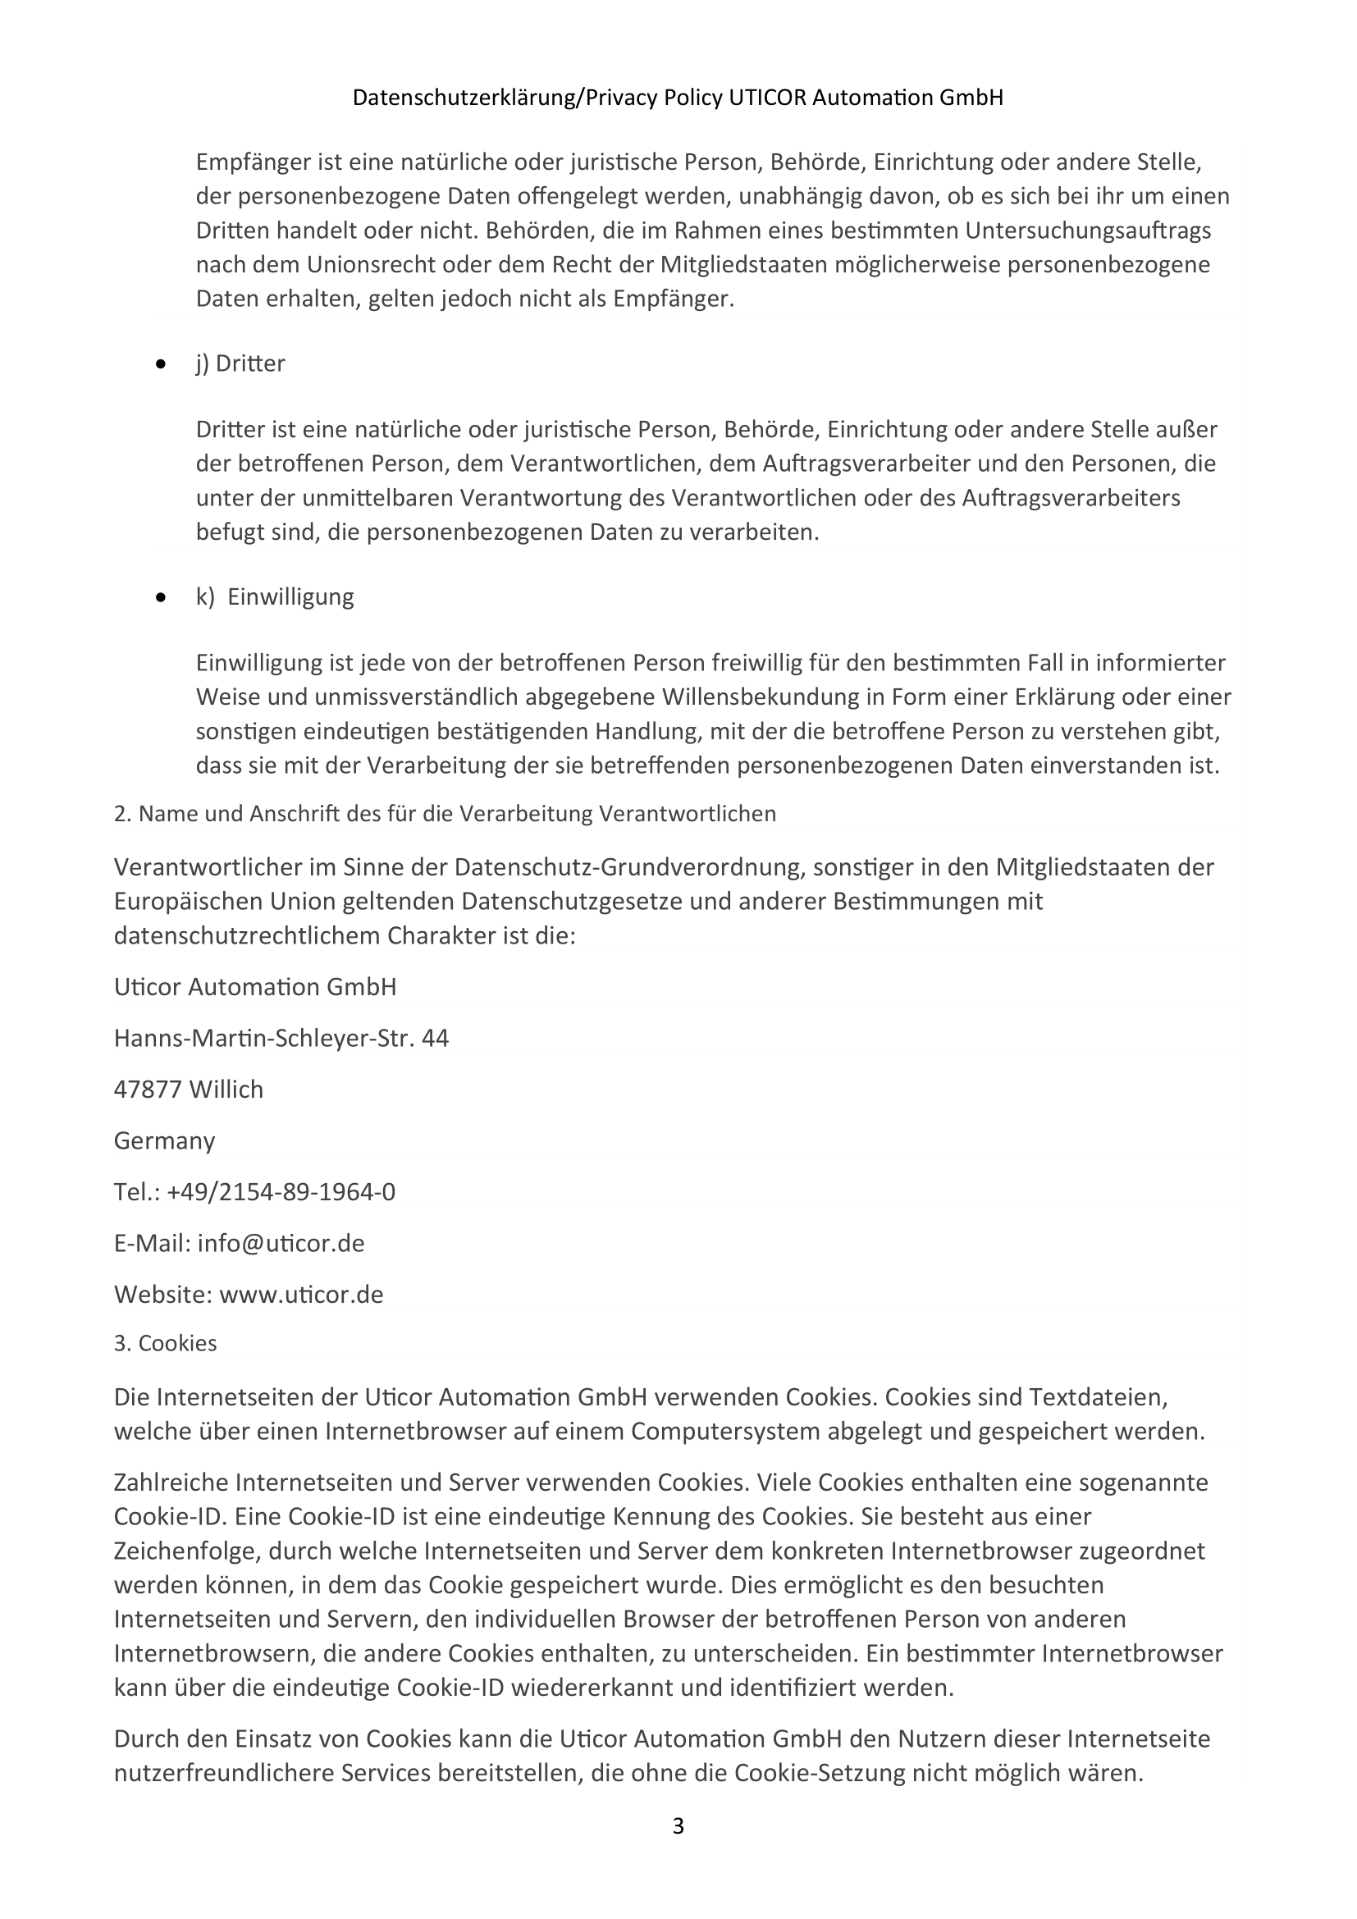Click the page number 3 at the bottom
[678, 1826]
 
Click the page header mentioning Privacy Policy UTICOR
[678, 98]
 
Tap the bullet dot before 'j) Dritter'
[162, 364]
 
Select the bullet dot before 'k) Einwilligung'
[162, 597]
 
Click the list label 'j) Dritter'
[240, 363]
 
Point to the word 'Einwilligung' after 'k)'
[290, 596]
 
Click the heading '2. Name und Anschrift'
[445, 814]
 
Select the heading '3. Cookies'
[166, 1343]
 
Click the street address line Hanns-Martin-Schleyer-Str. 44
[281, 1039]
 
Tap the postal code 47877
[148, 1090]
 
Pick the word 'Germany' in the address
[165, 1141]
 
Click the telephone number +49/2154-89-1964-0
[281, 1192]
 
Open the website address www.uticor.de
[301, 1295]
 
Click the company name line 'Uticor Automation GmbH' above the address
[255, 987]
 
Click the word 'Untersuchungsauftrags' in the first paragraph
[1088, 230]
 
